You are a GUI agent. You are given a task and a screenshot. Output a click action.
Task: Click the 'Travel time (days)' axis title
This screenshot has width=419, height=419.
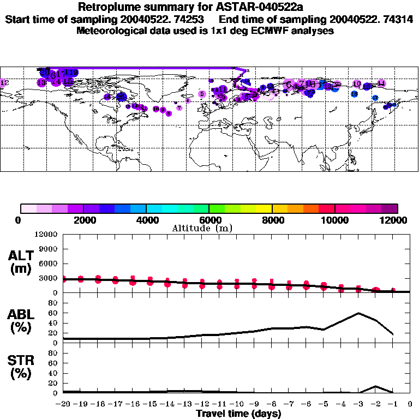click(238, 414)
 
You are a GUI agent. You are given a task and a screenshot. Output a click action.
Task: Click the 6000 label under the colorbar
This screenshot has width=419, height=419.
click(209, 220)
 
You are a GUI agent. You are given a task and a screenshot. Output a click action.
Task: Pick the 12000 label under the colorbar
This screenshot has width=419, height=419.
click(397, 220)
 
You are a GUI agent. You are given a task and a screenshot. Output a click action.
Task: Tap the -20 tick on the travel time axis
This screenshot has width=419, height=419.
click(63, 405)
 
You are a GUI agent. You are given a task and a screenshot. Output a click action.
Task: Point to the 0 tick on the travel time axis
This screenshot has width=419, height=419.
click(410, 405)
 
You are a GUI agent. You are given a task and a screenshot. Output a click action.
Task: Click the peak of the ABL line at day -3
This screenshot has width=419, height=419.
click(358, 313)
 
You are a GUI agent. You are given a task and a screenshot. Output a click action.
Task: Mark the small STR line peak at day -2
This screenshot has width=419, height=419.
click(376, 386)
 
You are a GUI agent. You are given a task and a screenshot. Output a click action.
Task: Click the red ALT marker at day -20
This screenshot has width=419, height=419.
click(64, 279)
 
